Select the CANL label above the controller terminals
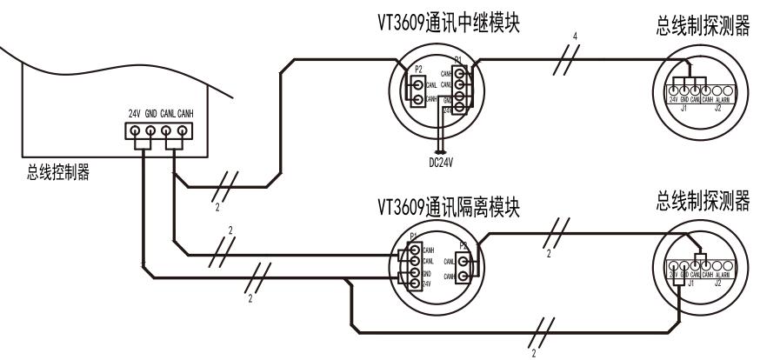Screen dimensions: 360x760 166,114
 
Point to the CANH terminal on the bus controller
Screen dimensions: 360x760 182,131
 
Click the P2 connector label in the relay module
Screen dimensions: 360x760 417,70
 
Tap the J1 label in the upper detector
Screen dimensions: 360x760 683,109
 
